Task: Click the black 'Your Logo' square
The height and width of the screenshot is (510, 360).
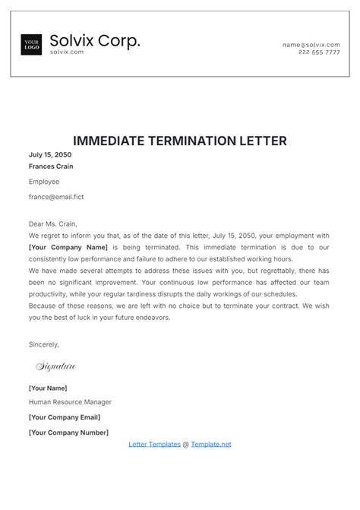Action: [x=31, y=45]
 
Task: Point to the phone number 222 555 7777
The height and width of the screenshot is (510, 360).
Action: [x=319, y=52]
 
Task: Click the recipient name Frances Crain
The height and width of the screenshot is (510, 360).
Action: [x=51, y=166]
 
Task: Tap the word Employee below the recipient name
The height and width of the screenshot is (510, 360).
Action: [x=44, y=182]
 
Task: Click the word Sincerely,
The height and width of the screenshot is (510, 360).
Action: [x=43, y=344]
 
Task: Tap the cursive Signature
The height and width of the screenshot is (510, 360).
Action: [x=56, y=366]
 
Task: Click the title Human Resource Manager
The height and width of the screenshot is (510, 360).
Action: [x=70, y=402]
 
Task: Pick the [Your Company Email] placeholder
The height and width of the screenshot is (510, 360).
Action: [x=65, y=417]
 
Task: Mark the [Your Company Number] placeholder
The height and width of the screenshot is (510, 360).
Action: [x=68, y=432]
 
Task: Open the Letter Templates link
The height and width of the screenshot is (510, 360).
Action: [x=155, y=444]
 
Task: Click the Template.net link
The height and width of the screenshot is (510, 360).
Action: [x=211, y=444]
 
